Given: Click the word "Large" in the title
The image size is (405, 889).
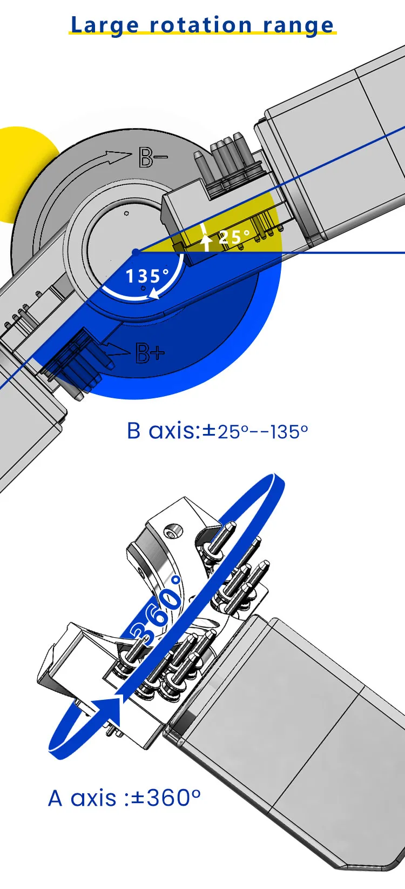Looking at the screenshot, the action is point(104,25).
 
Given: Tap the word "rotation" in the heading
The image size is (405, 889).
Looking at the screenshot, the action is point(201,25).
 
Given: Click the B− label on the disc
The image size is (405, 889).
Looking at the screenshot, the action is point(153,157).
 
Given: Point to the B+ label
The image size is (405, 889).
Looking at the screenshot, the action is point(150,353).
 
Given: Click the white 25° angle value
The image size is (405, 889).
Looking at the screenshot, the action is point(234,237).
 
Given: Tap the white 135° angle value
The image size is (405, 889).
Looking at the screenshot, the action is point(147,276).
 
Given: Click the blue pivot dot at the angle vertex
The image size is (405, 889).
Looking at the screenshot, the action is point(136,252).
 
